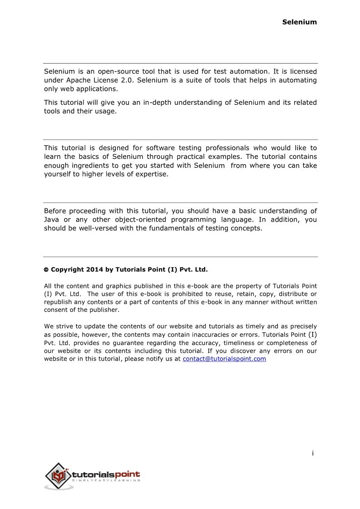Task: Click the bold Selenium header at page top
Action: [299, 22]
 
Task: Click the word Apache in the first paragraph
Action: [78, 80]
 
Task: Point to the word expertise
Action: [151, 174]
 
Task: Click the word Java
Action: [52, 220]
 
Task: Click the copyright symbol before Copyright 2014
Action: [46, 270]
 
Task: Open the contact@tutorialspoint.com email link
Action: [224, 359]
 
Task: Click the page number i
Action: [313, 453]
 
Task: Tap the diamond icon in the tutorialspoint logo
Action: [58, 475]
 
